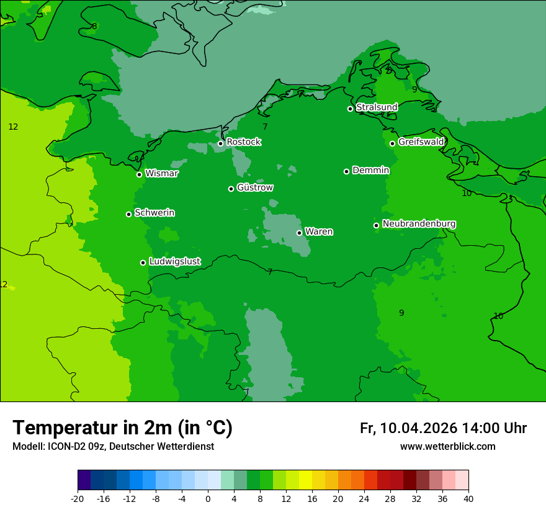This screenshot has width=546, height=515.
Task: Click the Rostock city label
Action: click(x=243, y=142)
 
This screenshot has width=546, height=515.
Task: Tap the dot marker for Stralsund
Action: click(x=350, y=109)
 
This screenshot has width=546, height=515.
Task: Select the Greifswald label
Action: click(x=421, y=142)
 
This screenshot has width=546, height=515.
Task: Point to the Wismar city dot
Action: click(x=140, y=174)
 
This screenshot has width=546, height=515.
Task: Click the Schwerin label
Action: click(x=154, y=213)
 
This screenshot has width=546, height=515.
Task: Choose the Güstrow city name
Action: click(x=254, y=187)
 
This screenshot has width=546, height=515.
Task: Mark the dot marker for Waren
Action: click(x=299, y=233)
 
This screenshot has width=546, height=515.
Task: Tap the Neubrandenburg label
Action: click(x=419, y=224)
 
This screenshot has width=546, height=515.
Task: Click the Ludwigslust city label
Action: click(x=174, y=262)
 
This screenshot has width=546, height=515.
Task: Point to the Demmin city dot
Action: click(x=346, y=171)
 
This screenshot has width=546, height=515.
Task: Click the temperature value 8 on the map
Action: click(x=94, y=26)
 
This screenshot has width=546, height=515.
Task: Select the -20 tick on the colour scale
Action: click(x=78, y=498)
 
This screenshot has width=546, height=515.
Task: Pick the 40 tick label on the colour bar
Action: click(x=468, y=498)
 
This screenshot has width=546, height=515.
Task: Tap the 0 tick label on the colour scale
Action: click(x=208, y=498)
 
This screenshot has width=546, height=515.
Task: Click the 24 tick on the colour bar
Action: click(x=364, y=498)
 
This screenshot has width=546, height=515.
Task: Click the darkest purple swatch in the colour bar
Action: click(x=84, y=480)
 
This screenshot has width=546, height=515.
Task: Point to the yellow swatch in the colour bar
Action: click(x=305, y=480)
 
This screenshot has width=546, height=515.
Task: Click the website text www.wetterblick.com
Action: click(x=447, y=447)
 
